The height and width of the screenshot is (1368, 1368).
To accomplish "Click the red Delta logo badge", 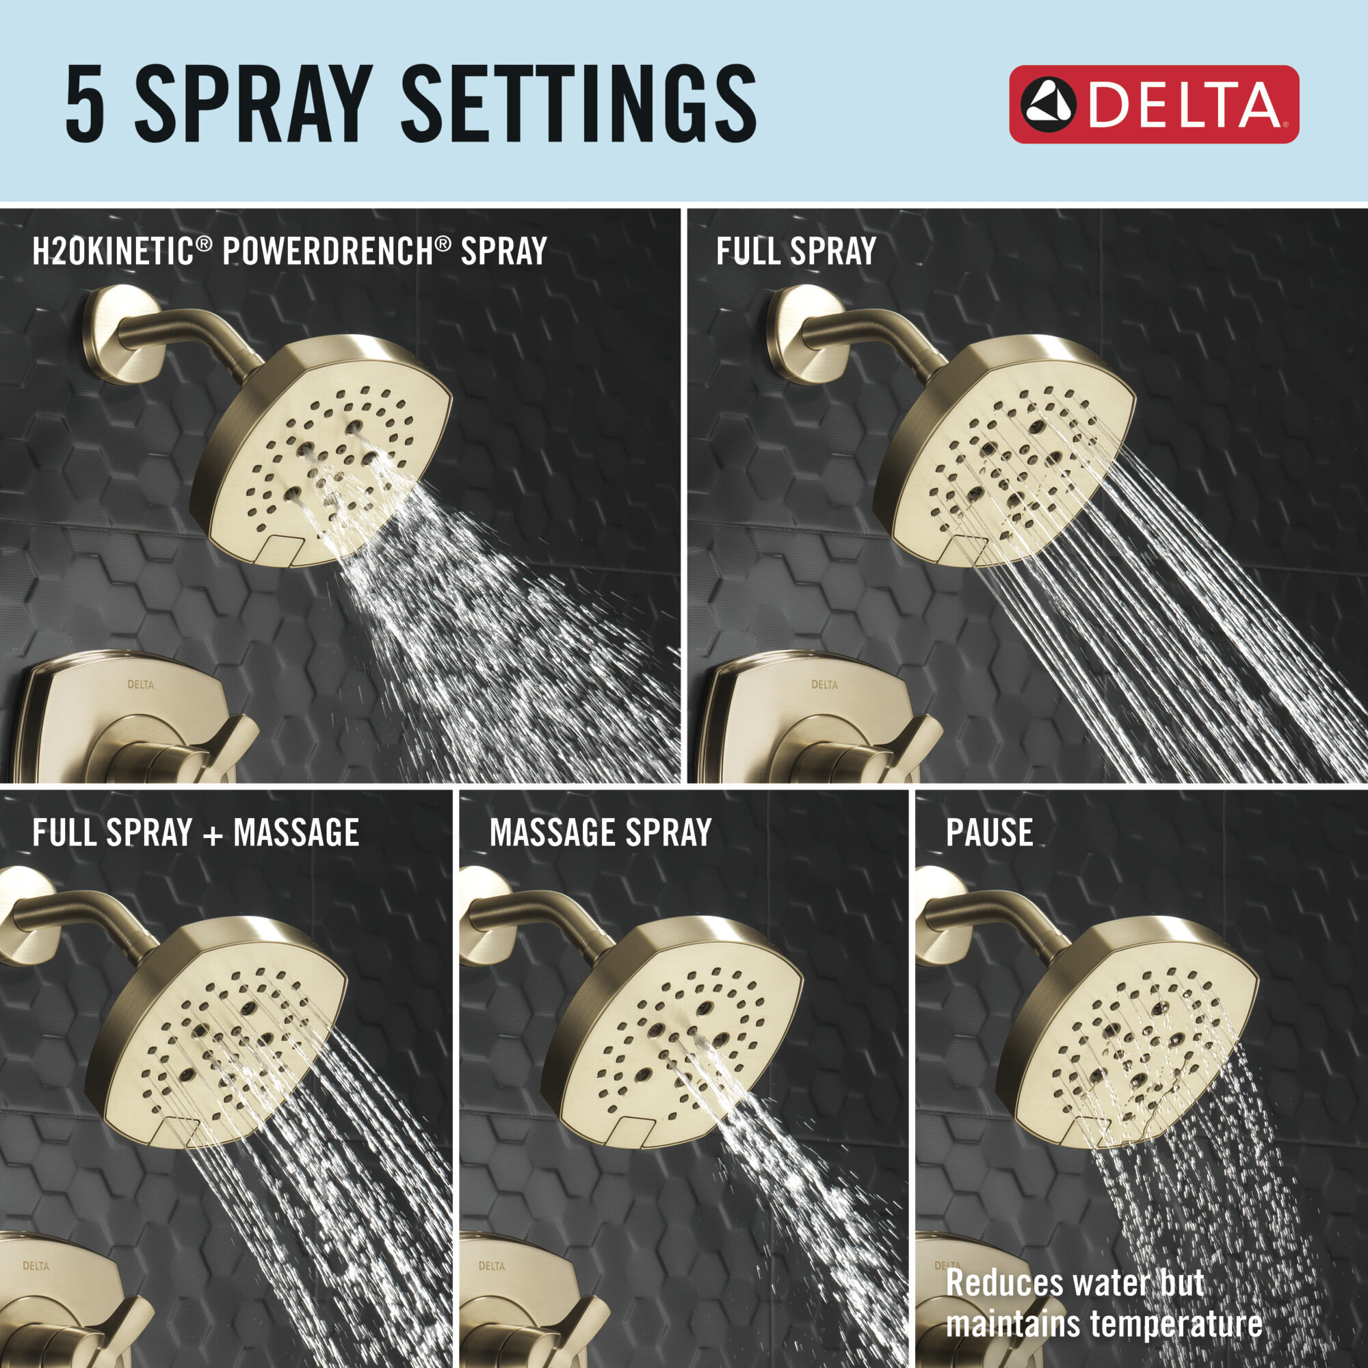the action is coord(1153,104).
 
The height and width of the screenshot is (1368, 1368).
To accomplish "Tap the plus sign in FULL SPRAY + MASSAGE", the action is coord(212,832).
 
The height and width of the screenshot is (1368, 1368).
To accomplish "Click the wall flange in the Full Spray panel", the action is coord(800,334).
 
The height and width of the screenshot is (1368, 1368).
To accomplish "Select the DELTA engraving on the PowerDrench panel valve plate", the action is coord(140,685).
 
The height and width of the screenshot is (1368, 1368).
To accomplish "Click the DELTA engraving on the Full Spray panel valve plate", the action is coord(824,685).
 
